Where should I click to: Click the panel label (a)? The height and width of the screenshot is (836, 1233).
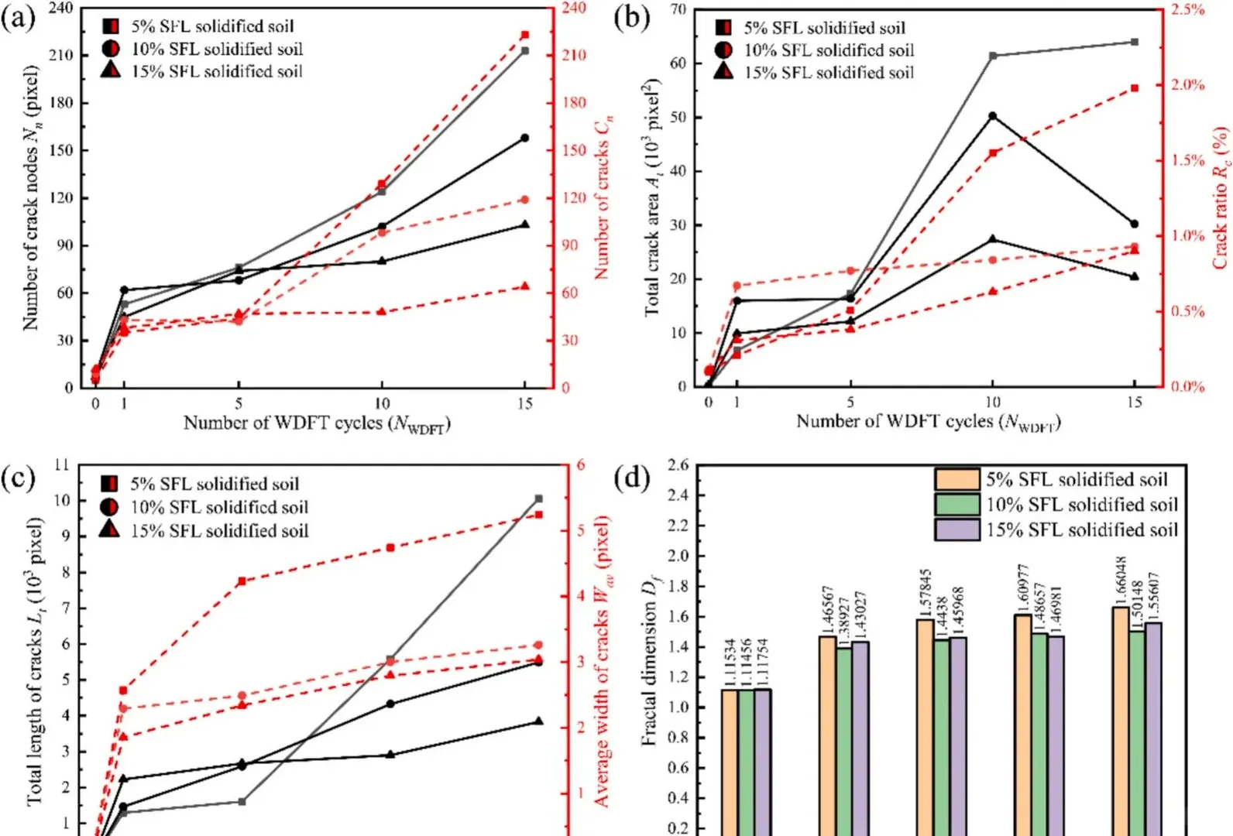[19, 18]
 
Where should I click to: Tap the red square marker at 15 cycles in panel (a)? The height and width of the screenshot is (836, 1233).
[525, 35]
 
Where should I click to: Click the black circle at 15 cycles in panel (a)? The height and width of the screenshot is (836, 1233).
[525, 138]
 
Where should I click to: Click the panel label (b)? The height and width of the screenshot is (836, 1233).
[631, 18]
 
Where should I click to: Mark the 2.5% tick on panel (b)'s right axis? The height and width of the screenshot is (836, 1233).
[1187, 10]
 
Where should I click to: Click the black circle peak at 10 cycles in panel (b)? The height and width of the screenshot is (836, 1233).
[993, 116]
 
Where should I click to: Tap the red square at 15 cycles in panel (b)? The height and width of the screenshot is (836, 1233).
[1135, 88]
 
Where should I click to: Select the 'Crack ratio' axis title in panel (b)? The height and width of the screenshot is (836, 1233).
[1221, 197]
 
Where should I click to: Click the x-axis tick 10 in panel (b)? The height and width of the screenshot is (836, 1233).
[993, 402]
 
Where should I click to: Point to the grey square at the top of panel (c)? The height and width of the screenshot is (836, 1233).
[539, 499]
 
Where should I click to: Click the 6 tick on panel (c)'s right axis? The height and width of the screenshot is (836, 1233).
[581, 465]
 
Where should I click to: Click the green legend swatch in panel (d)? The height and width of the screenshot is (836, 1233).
[957, 505]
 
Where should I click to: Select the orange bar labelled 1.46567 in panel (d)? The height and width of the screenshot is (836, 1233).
[827, 735]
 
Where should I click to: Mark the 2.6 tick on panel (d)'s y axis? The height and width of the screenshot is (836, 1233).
[678, 465]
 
